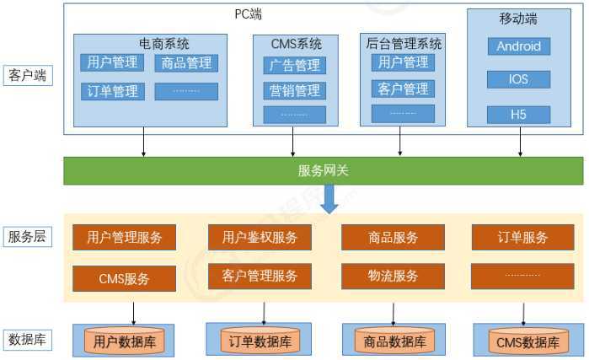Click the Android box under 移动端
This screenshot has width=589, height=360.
(518, 46)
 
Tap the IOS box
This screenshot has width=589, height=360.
(518, 79)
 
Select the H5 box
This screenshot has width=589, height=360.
(518, 115)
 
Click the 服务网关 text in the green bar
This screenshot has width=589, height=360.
(323, 170)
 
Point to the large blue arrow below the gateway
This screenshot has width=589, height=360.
(329, 199)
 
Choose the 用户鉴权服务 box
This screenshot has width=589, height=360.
(260, 238)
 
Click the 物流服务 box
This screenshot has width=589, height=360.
(393, 276)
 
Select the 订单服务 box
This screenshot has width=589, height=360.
(522, 238)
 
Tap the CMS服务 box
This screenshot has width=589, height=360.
(125, 277)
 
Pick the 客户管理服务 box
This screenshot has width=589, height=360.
(260, 276)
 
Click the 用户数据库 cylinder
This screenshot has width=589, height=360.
(125, 342)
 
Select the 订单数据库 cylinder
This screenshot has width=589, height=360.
(260, 341)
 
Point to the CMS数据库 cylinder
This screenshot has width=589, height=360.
(527, 342)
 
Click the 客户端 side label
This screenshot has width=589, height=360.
(27, 76)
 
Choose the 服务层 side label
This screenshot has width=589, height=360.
(27, 237)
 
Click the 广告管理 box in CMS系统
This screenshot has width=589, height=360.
(294, 65)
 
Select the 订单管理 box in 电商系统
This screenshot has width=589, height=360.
(112, 91)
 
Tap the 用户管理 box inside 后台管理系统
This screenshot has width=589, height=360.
(403, 62)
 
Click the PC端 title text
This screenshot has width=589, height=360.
(248, 14)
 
